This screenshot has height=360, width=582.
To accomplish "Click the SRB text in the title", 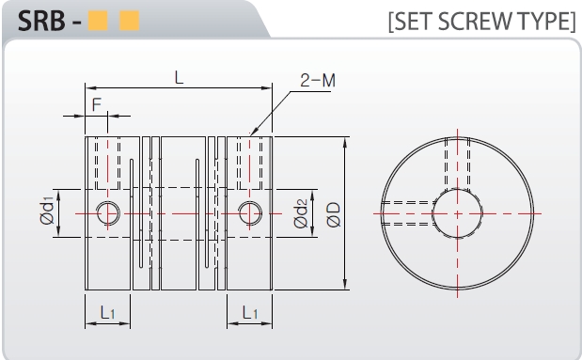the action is click(41, 21).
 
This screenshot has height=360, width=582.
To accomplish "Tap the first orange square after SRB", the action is click(98, 21).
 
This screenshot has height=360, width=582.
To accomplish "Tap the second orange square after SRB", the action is click(129, 21).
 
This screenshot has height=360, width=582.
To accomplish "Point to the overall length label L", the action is click(179, 78).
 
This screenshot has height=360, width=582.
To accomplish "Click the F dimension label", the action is click(97, 104).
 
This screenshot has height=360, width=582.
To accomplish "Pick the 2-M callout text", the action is click(318, 80).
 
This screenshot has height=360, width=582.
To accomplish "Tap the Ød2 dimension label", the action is click(301, 213).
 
